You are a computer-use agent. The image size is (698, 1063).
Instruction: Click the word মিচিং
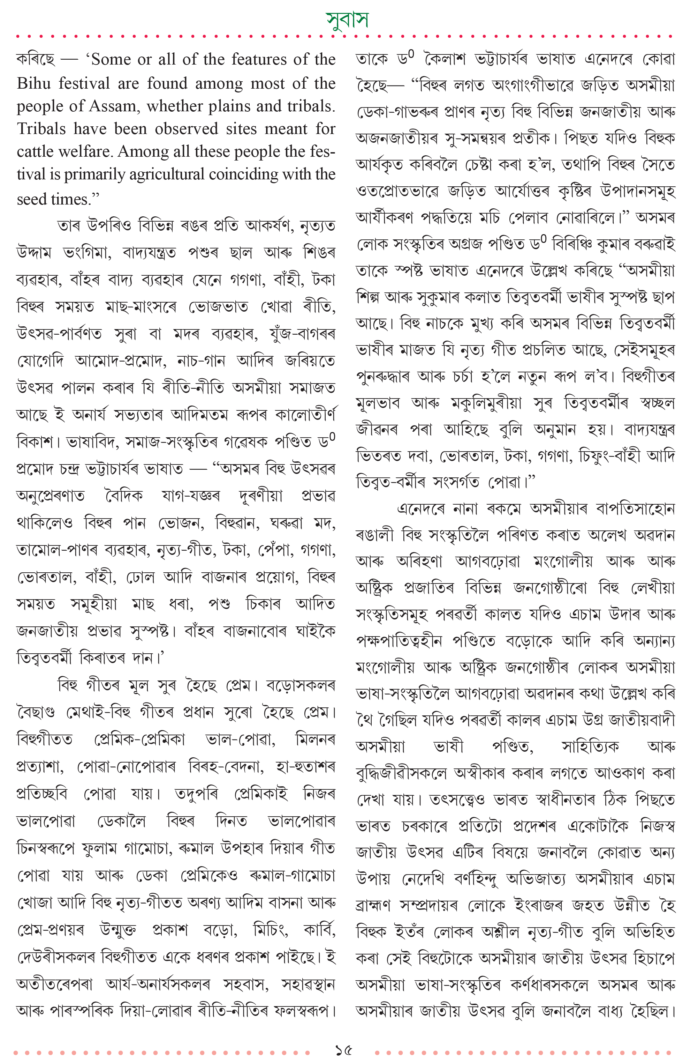coord(271,930)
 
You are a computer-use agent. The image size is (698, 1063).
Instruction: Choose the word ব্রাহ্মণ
coord(373,906)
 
